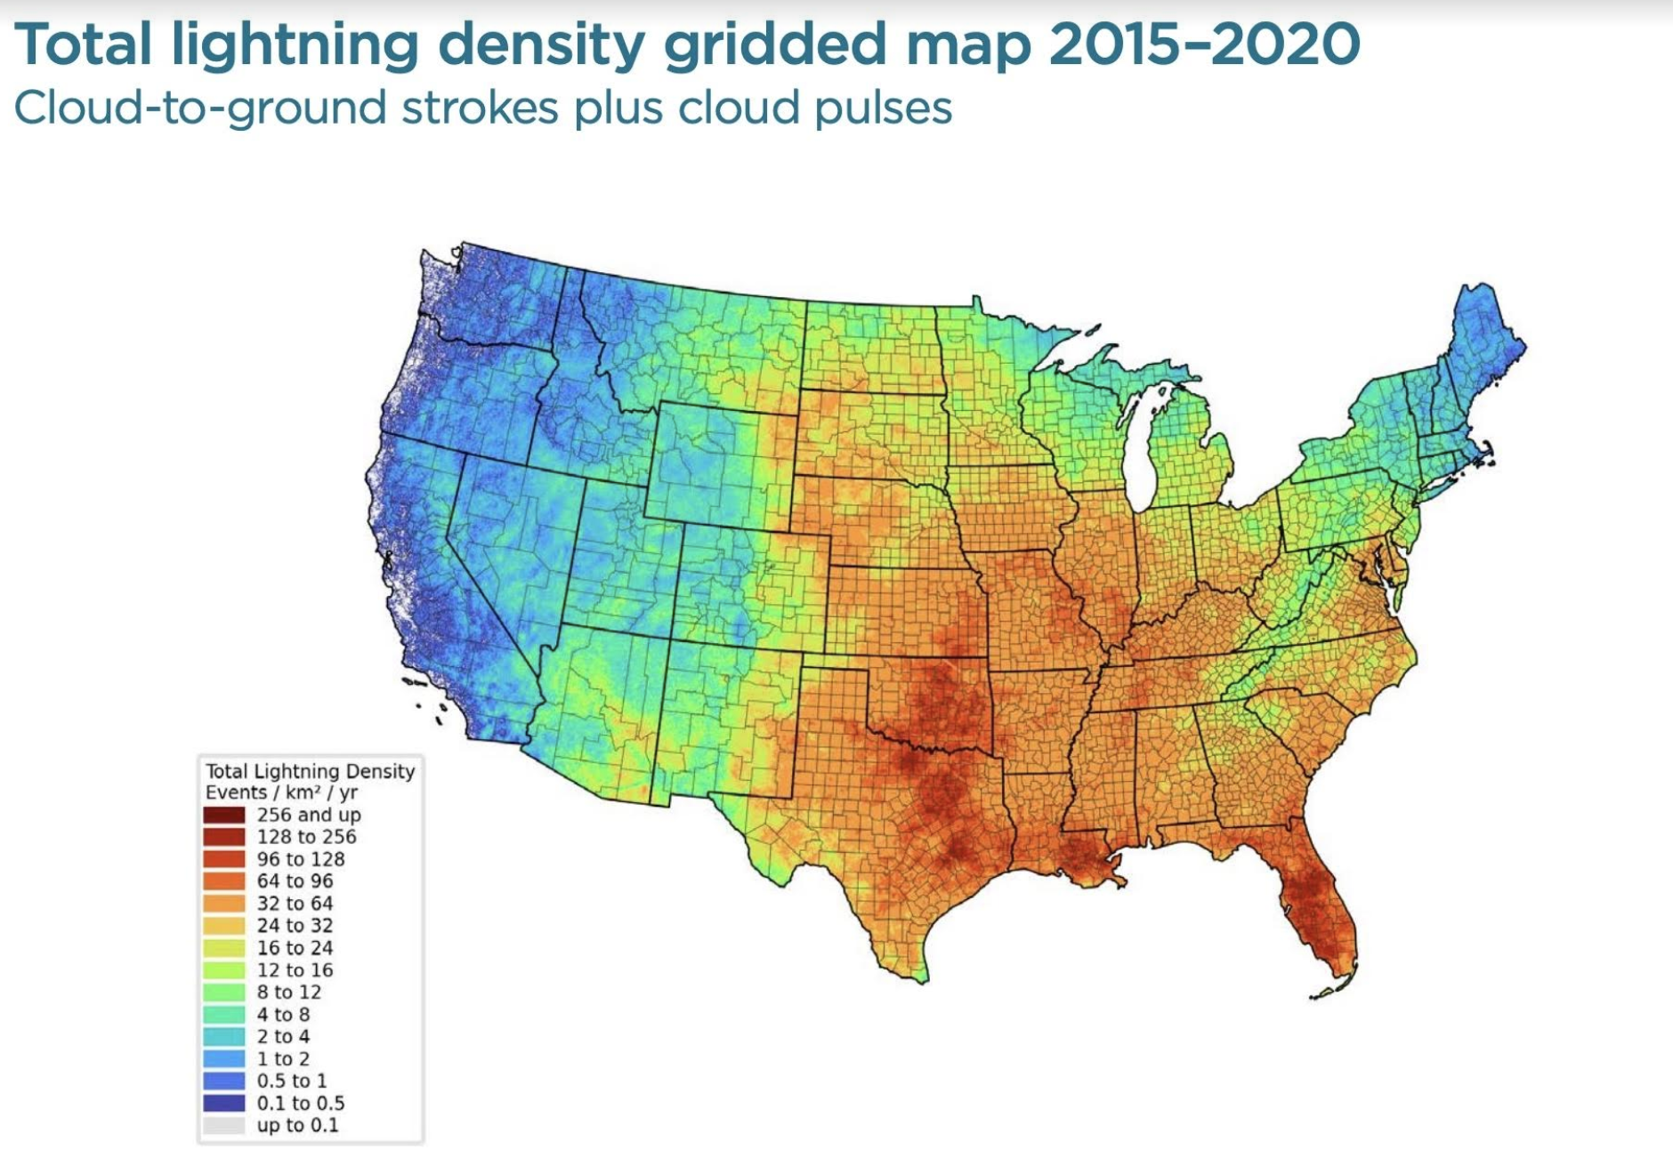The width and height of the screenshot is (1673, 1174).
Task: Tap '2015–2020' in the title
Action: [x=1204, y=44]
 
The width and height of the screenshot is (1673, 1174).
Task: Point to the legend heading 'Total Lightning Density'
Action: [x=310, y=771]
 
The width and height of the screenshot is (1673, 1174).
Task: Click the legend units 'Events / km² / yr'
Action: [x=281, y=792]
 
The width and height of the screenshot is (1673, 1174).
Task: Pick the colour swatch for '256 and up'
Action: [x=223, y=815]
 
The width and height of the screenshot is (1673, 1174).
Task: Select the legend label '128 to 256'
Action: [x=306, y=837]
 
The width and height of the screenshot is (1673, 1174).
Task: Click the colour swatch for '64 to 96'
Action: [x=223, y=881]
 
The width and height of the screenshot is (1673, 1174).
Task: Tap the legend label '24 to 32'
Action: [x=295, y=926]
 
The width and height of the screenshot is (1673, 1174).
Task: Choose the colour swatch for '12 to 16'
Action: [x=223, y=970]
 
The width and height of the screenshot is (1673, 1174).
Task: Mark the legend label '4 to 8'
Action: [x=283, y=1015]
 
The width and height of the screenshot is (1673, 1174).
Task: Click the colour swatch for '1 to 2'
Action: [x=223, y=1059]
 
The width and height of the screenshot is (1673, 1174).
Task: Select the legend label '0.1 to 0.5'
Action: [x=300, y=1104]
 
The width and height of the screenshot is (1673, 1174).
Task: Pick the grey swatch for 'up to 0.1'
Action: [x=223, y=1126]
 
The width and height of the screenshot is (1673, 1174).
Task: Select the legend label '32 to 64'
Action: [x=295, y=904]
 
